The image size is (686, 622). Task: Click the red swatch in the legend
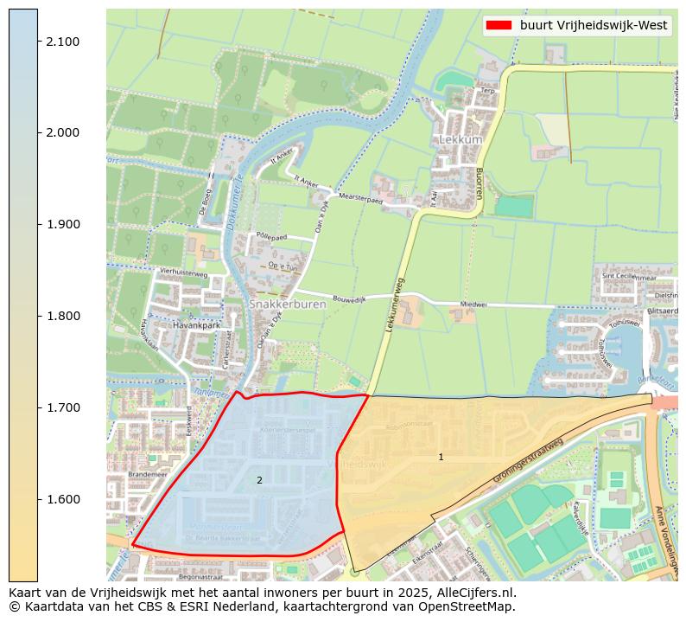(x=499, y=26)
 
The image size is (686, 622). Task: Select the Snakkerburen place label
(x=279, y=305)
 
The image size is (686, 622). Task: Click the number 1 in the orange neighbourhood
(x=441, y=457)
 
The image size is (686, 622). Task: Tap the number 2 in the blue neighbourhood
(x=259, y=480)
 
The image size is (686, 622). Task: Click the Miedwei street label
(x=473, y=305)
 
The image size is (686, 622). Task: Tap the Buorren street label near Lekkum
(x=477, y=183)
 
